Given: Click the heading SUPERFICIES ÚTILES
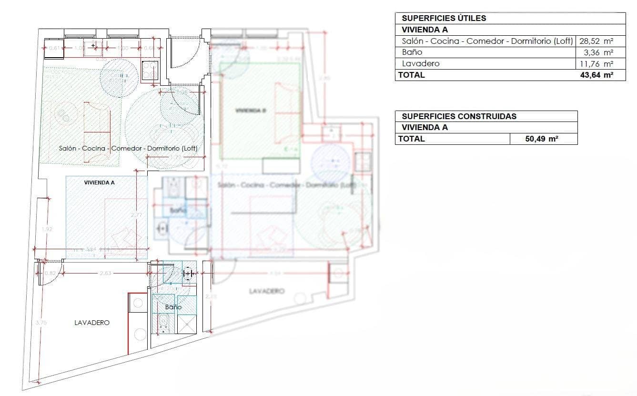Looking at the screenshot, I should tap(444, 18).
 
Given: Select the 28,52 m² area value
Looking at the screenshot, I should tap(596, 41).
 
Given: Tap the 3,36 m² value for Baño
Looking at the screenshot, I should tap(601, 52).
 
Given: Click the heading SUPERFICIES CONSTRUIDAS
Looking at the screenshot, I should tap(459, 116).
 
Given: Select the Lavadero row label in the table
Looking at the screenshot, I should tap(420, 63).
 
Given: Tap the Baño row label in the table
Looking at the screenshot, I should tap(412, 52).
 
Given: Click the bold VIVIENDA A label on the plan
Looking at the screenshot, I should tap(99, 182).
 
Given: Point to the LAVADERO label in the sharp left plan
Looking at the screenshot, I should tap(92, 323).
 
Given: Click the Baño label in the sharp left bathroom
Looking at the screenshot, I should tap(173, 307).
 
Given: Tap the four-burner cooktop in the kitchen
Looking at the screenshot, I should tap(151, 71).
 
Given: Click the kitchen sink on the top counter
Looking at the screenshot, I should tap(93, 46).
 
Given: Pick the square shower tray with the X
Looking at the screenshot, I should tap(186, 325).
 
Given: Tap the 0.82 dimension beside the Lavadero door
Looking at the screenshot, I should tap(50, 273).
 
